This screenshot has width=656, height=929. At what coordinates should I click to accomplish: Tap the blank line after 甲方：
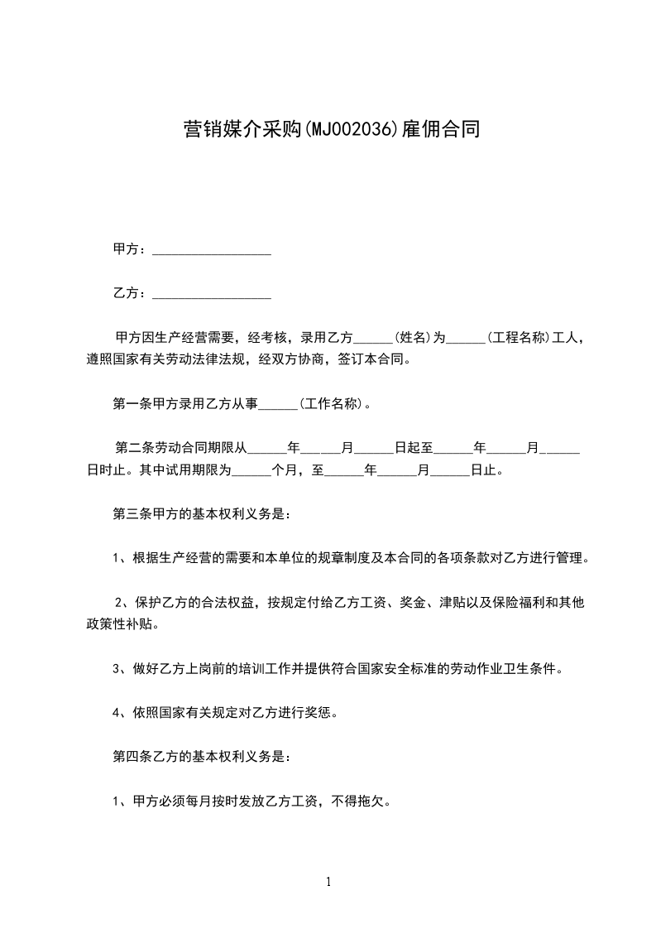coord(212,250)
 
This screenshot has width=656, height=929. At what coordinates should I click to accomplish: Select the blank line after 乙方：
coord(212,294)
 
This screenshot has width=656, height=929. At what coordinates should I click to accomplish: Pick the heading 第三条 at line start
coord(127,513)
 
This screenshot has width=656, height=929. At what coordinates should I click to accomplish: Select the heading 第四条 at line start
coord(127,756)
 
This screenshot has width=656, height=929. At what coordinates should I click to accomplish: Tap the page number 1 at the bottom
coord(328,882)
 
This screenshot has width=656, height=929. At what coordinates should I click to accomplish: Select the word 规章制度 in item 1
coord(345,558)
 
